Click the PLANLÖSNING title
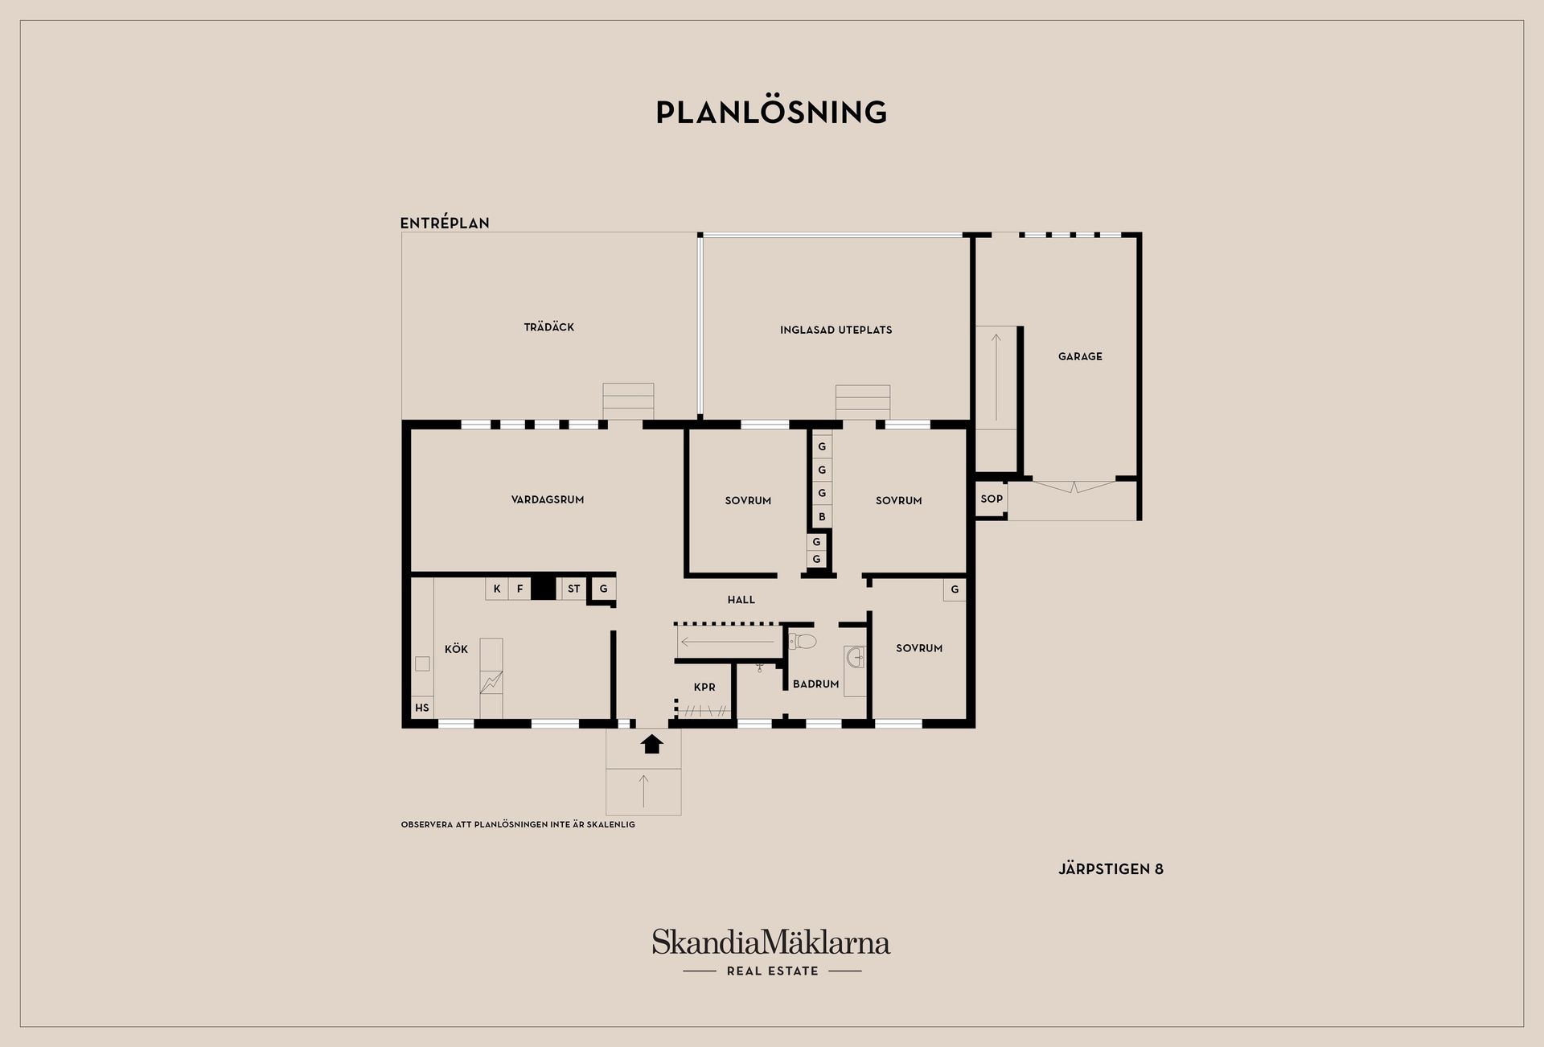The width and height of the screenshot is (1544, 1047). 771,113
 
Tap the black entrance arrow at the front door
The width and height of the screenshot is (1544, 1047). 652,744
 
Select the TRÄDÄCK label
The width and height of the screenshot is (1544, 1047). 549,326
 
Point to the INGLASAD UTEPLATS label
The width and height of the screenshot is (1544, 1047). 836,330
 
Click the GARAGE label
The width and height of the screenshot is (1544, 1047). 1080,356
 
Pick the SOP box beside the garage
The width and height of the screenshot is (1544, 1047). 992,499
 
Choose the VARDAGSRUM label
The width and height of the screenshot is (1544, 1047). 548,499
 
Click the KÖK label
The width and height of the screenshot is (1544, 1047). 456,648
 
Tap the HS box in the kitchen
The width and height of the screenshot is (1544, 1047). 422,708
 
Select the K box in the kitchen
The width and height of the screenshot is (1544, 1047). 497,589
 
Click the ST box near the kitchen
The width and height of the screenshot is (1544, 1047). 573,589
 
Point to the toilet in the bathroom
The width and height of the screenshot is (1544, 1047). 802,641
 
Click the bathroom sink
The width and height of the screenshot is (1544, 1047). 856,659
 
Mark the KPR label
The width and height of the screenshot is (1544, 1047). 704,687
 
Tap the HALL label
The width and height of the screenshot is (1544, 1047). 741,599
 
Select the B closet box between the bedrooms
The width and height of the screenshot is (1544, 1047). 822,516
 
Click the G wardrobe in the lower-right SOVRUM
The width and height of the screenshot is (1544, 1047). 955,589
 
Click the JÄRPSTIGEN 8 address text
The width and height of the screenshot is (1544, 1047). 1111,868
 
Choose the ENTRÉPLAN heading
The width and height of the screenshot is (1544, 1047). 445,223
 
